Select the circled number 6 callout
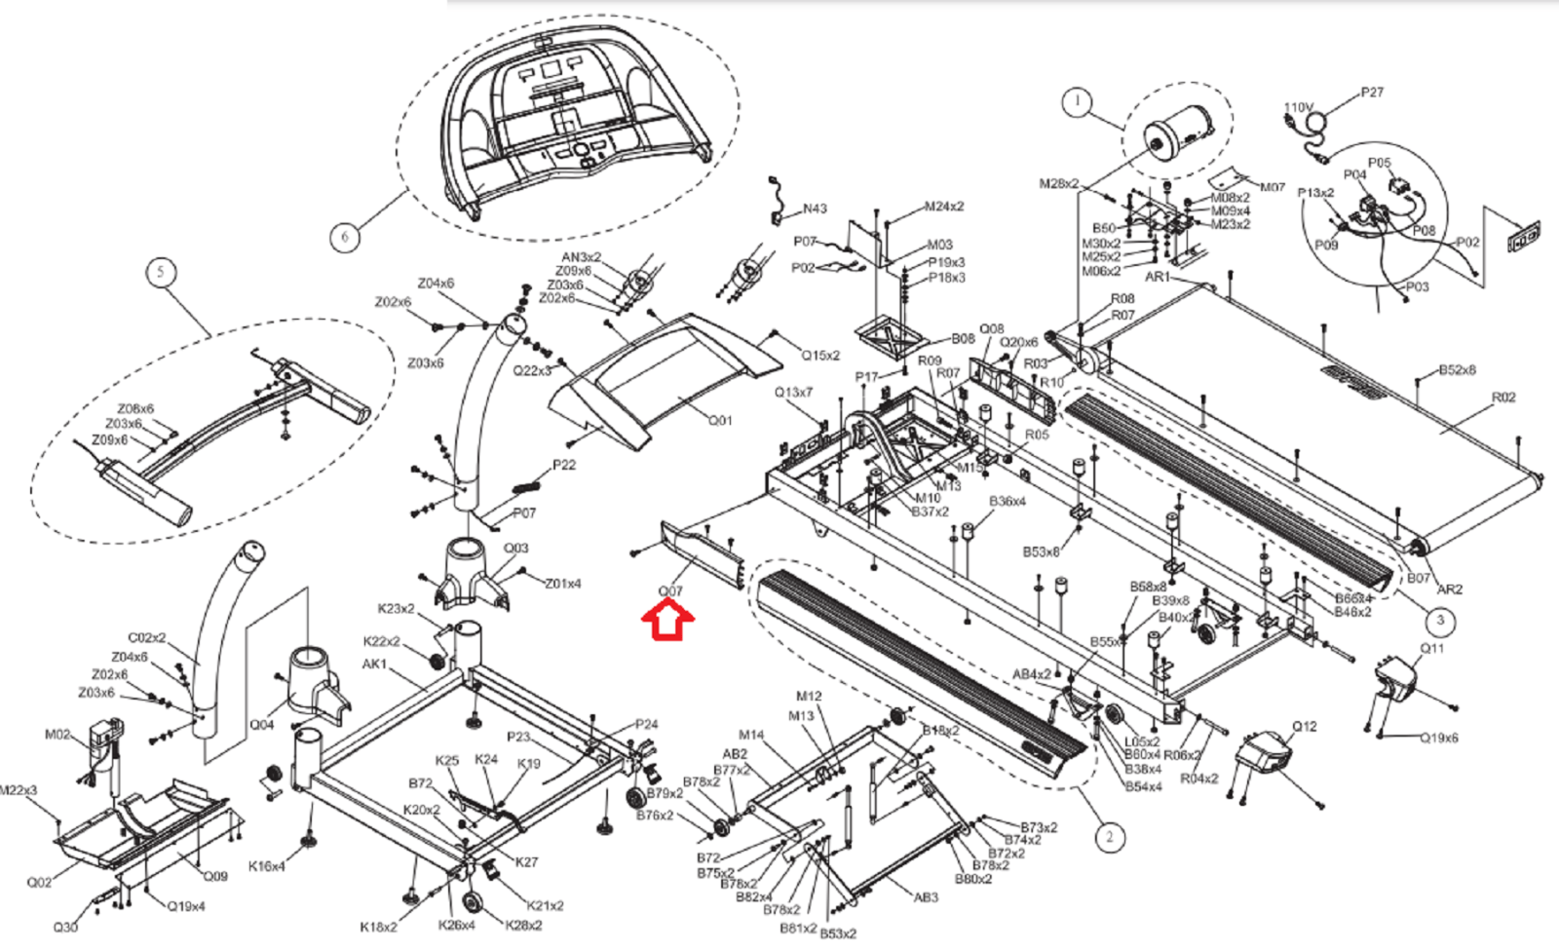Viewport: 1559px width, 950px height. pos(343,236)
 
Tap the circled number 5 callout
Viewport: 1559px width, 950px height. pos(162,272)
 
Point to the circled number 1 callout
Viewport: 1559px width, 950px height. pos(1076,101)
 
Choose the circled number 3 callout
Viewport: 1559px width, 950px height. pos(1440,620)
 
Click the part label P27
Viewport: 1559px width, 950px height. pos(1371,93)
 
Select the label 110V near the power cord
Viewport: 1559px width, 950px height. pos(1298,108)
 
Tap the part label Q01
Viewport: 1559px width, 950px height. pos(719,421)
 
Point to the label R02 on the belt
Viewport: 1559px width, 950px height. pos(1503,398)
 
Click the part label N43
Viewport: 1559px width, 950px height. pos(815,209)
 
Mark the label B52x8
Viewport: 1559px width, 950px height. pos(1457,370)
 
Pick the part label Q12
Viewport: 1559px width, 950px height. pos(1304,727)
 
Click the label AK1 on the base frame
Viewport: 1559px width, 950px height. pos(374,665)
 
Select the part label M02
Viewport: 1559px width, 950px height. pos(57,735)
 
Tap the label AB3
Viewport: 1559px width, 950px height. pos(926,897)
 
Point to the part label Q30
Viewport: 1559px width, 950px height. pos(65,927)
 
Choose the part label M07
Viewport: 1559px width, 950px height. pos(1272,187)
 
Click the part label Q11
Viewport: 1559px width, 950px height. pos(1431,649)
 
